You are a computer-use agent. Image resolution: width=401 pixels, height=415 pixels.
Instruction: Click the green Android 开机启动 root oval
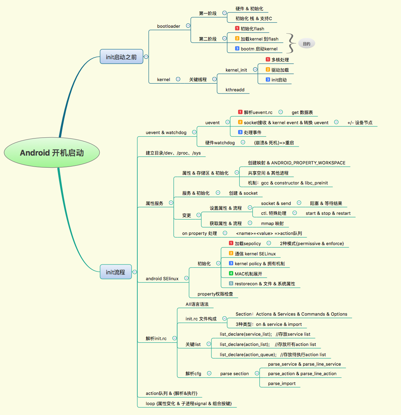(52, 153)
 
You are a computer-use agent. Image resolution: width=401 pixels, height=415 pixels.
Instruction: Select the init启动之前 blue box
(121, 57)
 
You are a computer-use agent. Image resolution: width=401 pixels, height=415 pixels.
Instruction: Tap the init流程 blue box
(115, 272)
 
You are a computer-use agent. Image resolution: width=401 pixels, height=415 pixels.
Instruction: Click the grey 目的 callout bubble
(306, 44)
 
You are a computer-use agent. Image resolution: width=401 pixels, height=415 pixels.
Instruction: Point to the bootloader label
(168, 26)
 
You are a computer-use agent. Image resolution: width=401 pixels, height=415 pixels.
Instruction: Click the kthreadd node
(235, 90)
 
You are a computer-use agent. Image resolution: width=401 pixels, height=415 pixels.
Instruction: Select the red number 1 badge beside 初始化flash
(237, 28)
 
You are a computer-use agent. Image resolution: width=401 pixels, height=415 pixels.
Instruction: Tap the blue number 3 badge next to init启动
(268, 80)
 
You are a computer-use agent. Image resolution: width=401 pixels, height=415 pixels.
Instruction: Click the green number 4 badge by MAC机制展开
(231, 273)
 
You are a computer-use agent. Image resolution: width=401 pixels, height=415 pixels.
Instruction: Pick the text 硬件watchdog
(220, 143)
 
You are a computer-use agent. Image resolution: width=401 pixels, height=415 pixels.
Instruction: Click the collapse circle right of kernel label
(178, 79)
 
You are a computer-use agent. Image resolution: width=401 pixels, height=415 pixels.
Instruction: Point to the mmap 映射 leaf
(272, 224)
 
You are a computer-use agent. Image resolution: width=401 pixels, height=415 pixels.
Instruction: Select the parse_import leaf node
(282, 384)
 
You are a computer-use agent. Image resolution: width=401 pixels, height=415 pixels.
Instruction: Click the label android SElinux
(162, 279)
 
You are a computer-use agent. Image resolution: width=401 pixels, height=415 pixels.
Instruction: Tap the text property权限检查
(215, 294)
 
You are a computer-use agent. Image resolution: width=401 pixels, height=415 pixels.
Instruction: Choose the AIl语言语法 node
(197, 304)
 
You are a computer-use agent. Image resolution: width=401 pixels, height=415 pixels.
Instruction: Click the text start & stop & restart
(328, 213)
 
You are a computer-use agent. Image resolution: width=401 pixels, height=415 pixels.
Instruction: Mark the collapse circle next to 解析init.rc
(175, 338)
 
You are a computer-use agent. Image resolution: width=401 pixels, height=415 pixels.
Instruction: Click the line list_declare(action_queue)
(248, 355)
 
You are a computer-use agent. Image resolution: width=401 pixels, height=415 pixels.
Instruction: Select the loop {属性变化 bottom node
(188, 404)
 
